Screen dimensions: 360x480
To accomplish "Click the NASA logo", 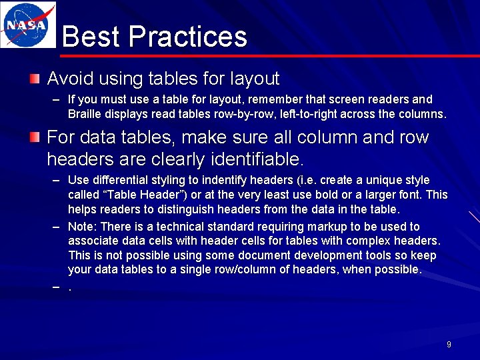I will click(27, 25).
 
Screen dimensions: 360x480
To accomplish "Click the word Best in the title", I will click(90, 37).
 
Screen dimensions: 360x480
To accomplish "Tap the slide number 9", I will click(449, 345).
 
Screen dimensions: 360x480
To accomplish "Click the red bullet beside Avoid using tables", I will click(35, 79).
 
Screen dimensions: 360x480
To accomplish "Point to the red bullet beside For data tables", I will click(35, 138).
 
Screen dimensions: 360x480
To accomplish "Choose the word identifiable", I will click(257, 159).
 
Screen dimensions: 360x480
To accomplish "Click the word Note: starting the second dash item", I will click(83, 227).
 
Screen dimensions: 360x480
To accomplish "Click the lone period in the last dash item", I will click(70, 287).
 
